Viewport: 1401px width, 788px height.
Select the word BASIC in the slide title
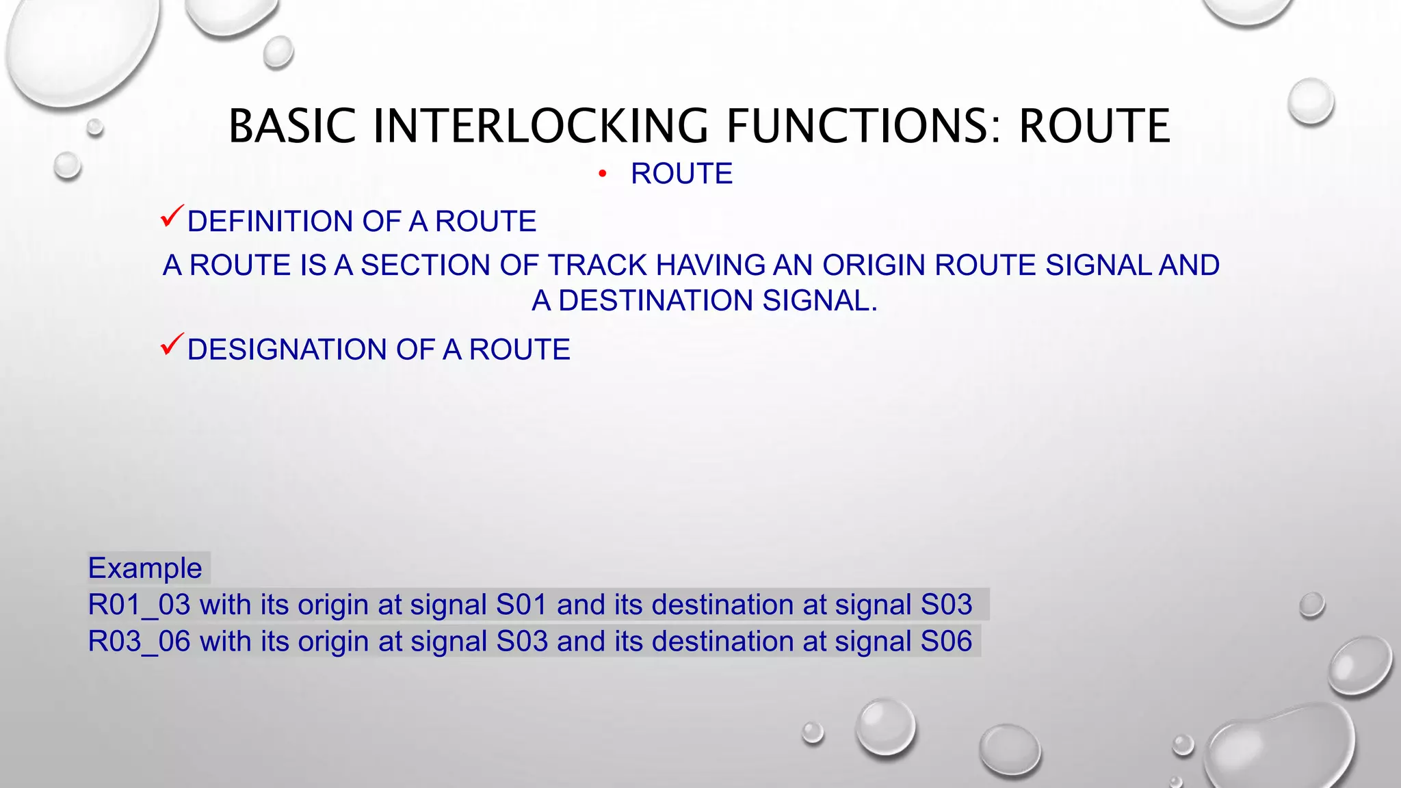[292, 127]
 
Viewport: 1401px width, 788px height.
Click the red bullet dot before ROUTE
[602, 174]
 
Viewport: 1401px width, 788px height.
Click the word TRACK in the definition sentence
[598, 265]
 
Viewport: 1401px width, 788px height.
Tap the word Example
[145, 568]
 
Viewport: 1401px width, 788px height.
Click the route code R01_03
[139, 605]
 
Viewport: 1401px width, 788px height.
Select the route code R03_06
[139, 642]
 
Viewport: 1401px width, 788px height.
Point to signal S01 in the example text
[521, 605]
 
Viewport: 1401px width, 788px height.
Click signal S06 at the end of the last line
[946, 642]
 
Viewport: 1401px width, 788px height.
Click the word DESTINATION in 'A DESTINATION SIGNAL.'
[655, 301]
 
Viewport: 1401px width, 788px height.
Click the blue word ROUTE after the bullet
[681, 174]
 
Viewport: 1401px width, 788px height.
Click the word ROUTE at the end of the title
[1095, 127]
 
